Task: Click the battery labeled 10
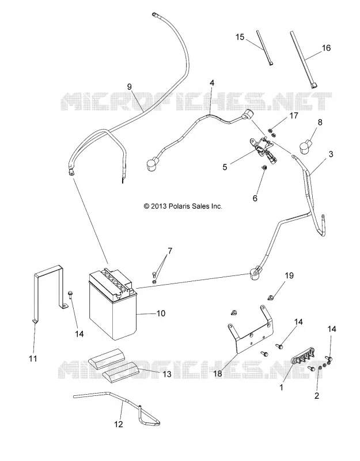point(113,306)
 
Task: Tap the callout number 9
point(129,87)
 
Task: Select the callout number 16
point(326,48)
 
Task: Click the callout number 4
point(212,82)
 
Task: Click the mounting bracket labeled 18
point(250,329)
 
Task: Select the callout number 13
point(167,373)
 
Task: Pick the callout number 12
point(119,424)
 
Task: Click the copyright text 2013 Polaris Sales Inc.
point(183,206)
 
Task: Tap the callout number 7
point(169,251)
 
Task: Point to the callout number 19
point(289,275)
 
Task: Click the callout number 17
point(294,116)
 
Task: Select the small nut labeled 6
point(264,168)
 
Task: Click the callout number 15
point(240,37)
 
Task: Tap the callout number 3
point(331,154)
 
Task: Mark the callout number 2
point(316,396)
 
